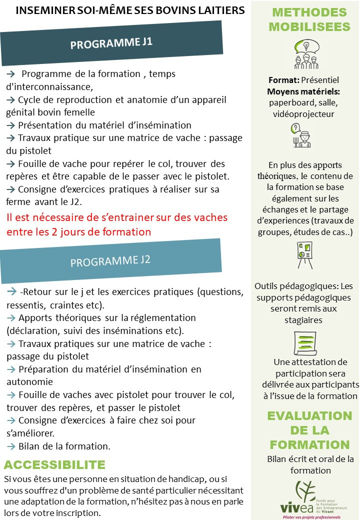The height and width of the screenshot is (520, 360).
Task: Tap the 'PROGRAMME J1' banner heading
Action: pyautogui.click(x=111, y=43)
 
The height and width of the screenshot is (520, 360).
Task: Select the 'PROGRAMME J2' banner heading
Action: pyautogui.click(x=110, y=261)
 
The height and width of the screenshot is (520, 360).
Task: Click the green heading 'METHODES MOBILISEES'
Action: pyautogui.click(x=309, y=19)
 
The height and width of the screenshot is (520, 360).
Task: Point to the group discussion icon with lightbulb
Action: pyautogui.click(x=305, y=54)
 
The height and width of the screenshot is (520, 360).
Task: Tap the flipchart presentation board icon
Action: pyautogui.click(x=304, y=255)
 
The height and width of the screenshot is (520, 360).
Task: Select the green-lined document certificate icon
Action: pyautogui.click(x=304, y=343)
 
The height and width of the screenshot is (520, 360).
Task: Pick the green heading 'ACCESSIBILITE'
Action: pyautogui.click(x=54, y=464)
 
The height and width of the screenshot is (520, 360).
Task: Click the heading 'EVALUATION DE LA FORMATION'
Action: pyautogui.click(x=309, y=430)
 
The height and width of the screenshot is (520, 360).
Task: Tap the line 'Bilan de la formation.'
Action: pyautogui.click(x=64, y=446)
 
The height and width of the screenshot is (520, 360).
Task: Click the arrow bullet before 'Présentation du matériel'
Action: pyautogui.click(x=11, y=125)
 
